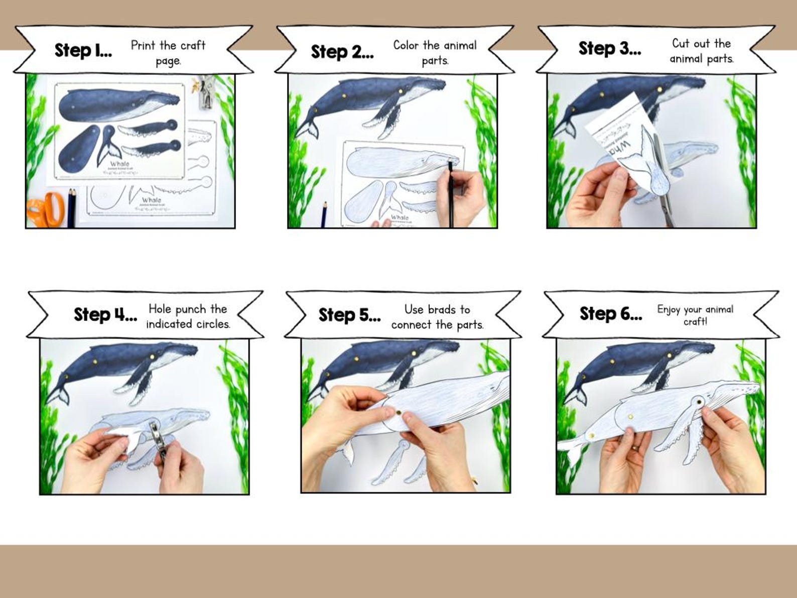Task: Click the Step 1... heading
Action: (x=83, y=51)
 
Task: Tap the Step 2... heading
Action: (x=342, y=52)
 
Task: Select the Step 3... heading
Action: (x=609, y=49)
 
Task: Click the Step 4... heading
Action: (x=105, y=315)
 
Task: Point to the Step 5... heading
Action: (x=349, y=315)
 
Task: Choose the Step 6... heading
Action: (x=610, y=314)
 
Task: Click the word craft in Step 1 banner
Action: (x=193, y=46)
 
